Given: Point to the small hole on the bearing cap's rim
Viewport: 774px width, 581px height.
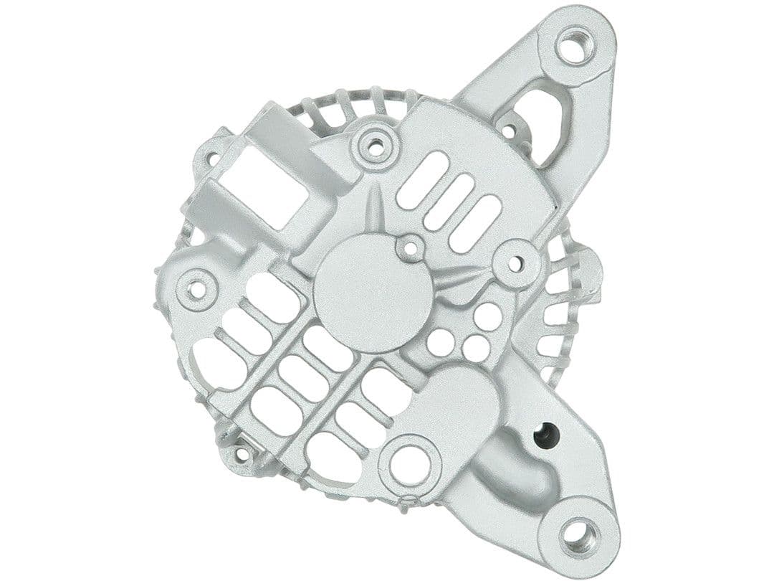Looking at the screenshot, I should pyautogui.click(x=410, y=248).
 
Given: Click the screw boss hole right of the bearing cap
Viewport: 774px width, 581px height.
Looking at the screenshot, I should pyautogui.click(x=517, y=263).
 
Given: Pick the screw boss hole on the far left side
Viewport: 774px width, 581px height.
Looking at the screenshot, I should pyautogui.click(x=196, y=289).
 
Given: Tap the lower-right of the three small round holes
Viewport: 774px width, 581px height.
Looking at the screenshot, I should pyautogui.click(x=476, y=349).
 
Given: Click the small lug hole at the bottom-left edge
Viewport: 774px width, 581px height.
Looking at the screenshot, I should pyautogui.click(x=241, y=453).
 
